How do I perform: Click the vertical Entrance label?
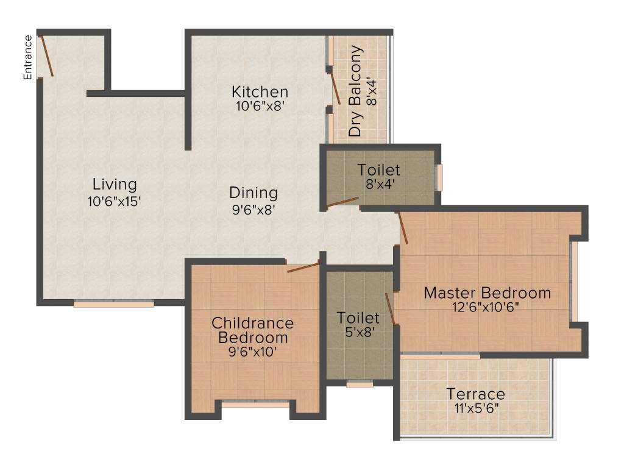point(27,57)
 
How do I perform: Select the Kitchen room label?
point(260,92)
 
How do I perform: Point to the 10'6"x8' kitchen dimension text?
point(260,105)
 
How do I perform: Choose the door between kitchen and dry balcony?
point(335,90)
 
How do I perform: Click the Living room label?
point(115,184)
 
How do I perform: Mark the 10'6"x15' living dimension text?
point(115,200)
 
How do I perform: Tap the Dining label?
point(253,193)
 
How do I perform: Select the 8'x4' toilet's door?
point(342,202)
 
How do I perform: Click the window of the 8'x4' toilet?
point(438,177)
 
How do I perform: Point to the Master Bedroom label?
point(487,292)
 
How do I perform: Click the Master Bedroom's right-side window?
point(573,281)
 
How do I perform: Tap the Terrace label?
point(475,394)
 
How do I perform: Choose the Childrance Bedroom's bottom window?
point(255,403)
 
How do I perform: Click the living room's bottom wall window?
point(114,303)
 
